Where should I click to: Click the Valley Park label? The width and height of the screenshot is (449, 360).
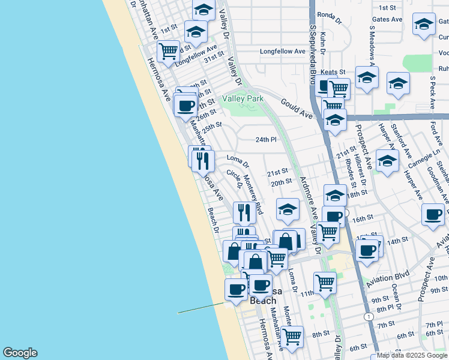point(243,98)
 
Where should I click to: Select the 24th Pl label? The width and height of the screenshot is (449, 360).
point(265,139)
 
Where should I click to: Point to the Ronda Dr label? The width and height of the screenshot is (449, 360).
point(328,14)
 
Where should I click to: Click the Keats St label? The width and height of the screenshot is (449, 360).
point(333,72)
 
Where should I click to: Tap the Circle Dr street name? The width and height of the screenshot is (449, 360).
point(234,181)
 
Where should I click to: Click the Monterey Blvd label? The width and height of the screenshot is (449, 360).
point(253,195)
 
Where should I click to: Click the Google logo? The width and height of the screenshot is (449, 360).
point(20,353)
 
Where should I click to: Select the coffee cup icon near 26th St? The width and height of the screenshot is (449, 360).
point(185,106)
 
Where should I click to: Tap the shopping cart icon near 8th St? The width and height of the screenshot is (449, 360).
point(292,336)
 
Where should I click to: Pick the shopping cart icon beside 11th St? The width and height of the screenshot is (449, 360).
point(325,281)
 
